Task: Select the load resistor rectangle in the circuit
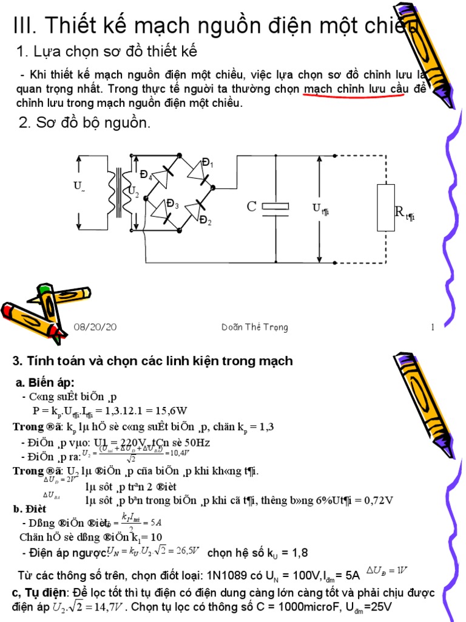386,208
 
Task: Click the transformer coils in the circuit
119,191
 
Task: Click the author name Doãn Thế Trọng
255,327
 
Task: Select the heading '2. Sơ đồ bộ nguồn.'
84,123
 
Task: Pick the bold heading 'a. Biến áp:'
45,382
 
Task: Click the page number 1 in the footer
433,327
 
